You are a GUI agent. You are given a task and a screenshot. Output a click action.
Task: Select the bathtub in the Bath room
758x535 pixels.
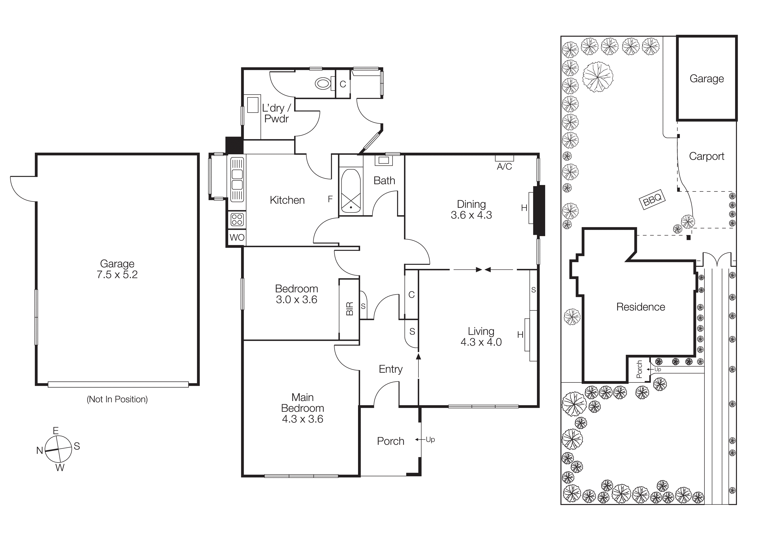[351, 191]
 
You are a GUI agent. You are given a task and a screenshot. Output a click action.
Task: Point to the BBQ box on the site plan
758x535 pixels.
[652, 199]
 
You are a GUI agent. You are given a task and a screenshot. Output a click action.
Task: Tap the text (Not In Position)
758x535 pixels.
[117, 399]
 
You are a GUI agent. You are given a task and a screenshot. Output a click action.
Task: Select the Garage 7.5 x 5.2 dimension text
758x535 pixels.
[117, 275]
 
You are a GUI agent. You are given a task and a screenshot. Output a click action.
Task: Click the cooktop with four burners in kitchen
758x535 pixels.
[237, 219]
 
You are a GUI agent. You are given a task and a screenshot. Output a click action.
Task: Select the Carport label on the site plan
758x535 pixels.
[707, 156]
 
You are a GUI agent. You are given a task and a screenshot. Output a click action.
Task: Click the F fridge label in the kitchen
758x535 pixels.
[330, 199]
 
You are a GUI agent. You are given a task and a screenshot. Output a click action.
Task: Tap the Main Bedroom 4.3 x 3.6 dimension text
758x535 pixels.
[303, 419]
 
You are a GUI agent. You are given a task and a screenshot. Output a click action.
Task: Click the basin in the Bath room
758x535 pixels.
[383, 161]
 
